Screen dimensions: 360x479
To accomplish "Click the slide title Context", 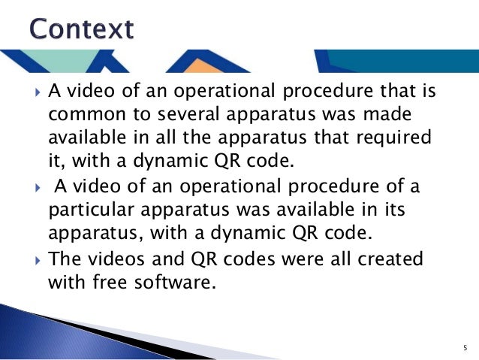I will tap(82, 29).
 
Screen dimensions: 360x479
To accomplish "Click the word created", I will tap(393, 258).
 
